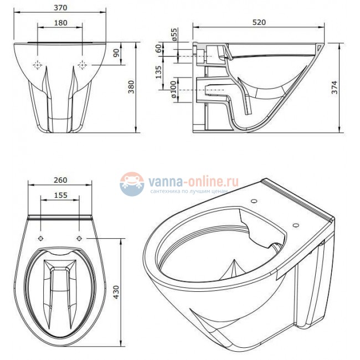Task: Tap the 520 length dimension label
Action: click(x=259, y=22)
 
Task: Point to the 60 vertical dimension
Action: click(x=159, y=50)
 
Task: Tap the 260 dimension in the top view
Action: click(x=60, y=179)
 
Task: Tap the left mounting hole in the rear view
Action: click(x=38, y=65)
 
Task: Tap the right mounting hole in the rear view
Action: click(x=82, y=65)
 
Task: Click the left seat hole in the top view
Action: click(x=42, y=238)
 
